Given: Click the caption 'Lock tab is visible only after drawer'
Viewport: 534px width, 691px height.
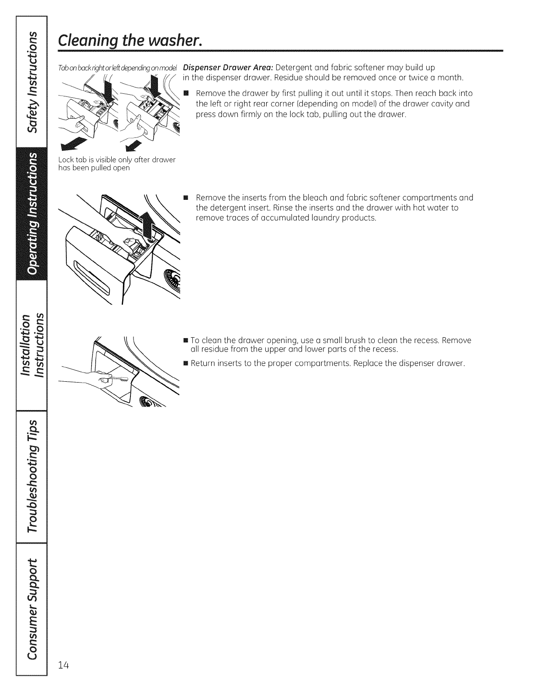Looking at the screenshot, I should pyautogui.click(x=116, y=160).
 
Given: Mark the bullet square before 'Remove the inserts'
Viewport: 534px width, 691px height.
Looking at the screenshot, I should pyautogui.click(x=185, y=198).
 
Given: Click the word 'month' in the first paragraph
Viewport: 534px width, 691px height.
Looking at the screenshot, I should pyautogui.click(x=451, y=78).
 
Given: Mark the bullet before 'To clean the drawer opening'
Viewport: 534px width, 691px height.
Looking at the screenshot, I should pyautogui.click(x=185, y=340).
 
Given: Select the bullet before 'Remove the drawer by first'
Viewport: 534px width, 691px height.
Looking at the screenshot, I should pyautogui.click(x=185, y=94).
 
